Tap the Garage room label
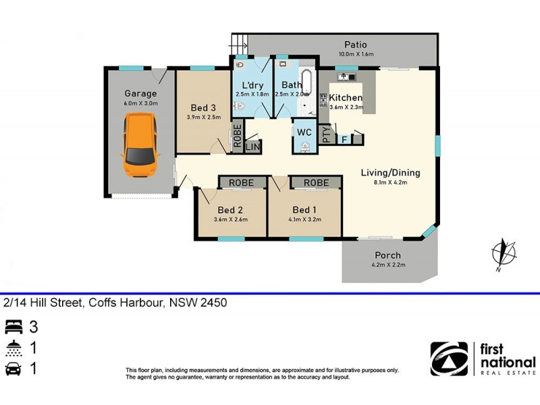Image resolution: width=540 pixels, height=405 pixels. pos(140,93)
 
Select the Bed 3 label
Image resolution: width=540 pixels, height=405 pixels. pos(203,108)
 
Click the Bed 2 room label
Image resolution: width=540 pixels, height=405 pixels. pos(231,209)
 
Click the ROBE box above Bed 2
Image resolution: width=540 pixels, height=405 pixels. pos(241,183)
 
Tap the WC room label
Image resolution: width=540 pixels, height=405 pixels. pos(304,132)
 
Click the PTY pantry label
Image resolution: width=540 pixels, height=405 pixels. pos(327,135)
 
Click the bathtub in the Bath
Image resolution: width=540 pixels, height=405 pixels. pos(307,85)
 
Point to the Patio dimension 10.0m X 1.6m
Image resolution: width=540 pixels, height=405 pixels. pos(355,55)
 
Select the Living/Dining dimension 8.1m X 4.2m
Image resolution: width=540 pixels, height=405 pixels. pos(390,183)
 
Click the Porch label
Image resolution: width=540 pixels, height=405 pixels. pos(387,255)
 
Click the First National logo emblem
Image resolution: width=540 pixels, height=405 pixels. pos(450,358)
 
